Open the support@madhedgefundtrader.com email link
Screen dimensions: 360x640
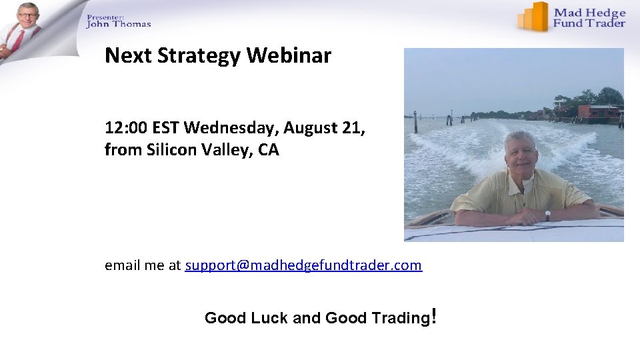(303, 265)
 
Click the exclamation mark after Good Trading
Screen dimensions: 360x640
(434, 315)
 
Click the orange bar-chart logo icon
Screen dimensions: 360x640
(533, 17)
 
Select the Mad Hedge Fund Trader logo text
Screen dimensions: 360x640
(590, 18)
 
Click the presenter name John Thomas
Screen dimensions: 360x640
(119, 24)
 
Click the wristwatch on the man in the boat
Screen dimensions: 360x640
(547, 215)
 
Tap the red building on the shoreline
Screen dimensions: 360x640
(597, 112)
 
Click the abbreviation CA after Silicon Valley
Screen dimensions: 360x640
(269, 150)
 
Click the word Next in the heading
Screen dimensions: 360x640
(127, 56)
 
